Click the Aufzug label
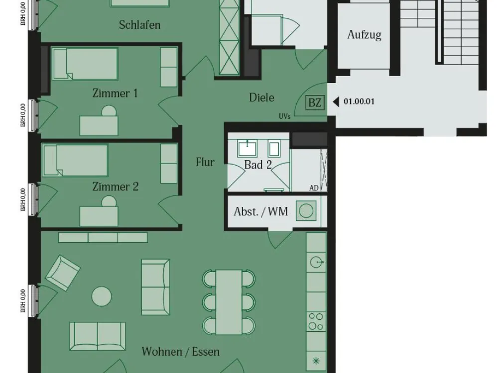[x=364, y=35]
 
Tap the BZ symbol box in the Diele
[x=315, y=103]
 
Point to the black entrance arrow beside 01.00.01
[x=336, y=102]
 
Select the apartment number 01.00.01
[x=359, y=102]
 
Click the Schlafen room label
[x=139, y=25]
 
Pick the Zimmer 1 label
[x=115, y=93]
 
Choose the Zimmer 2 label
[x=116, y=186]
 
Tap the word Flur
[x=205, y=163]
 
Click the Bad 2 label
[x=258, y=165]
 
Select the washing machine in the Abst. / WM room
[x=306, y=210]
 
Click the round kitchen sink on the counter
[x=316, y=262]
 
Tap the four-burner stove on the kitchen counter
[x=316, y=321]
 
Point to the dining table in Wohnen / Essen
[x=229, y=302]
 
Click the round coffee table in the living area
[x=102, y=296]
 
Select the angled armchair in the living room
[x=63, y=273]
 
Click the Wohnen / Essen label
[x=180, y=352]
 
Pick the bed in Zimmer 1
[x=85, y=64]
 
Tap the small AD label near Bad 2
[x=314, y=188]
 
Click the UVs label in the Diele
[x=284, y=116]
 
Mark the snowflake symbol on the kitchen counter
[x=316, y=361]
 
